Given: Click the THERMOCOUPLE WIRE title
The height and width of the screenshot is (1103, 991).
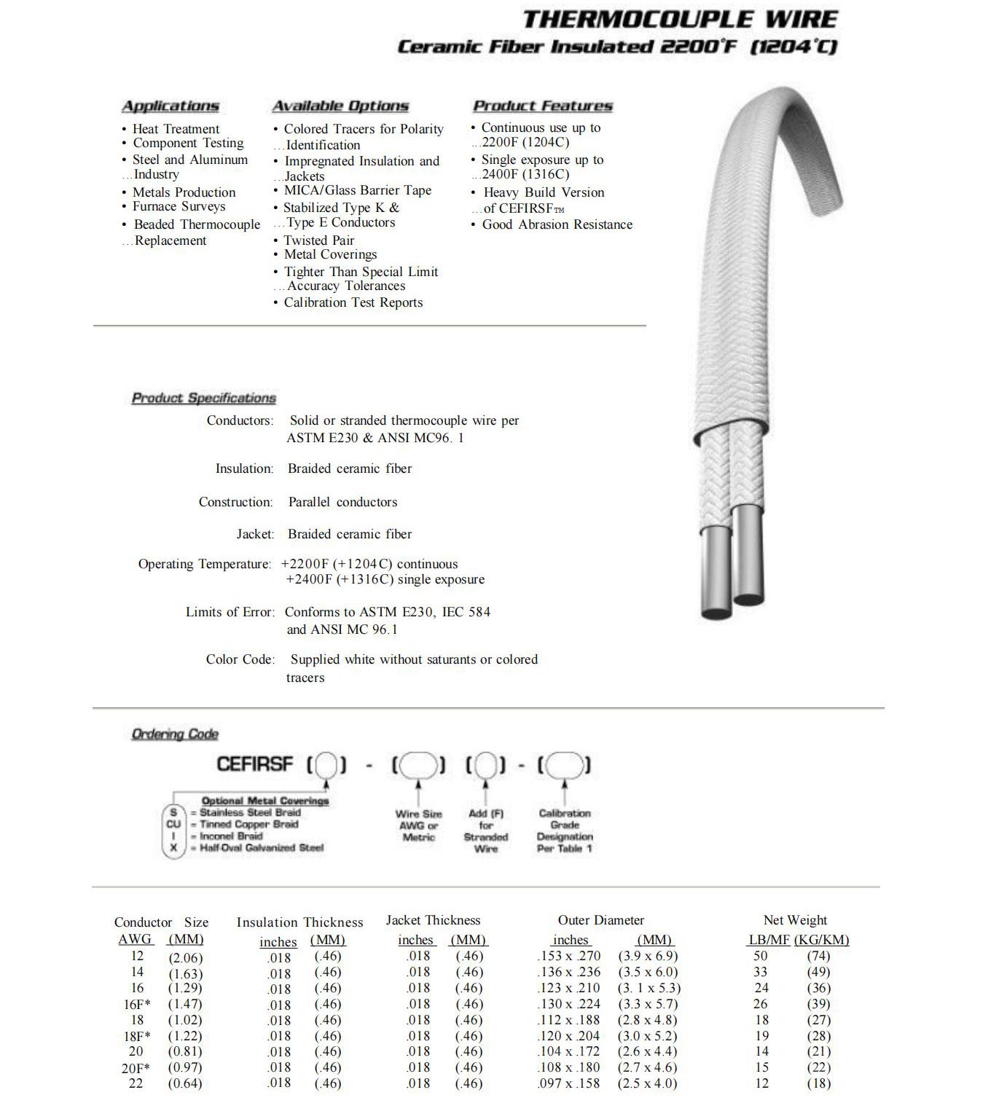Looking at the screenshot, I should (x=680, y=19).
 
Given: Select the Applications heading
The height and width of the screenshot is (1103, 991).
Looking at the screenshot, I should (x=170, y=106).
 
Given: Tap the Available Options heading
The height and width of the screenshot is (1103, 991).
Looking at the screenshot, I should (x=340, y=106).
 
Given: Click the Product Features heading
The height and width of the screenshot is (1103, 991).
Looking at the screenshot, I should (x=542, y=106).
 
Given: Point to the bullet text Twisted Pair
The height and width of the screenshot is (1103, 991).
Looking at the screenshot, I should (x=318, y=240).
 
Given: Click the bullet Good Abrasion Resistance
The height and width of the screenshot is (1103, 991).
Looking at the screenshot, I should (x=557, y=224).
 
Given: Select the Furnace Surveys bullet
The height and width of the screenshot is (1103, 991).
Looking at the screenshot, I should (x=179, y=207).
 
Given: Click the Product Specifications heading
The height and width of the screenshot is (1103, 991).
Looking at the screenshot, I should (x=203, y=399).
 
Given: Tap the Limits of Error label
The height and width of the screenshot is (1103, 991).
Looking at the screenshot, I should (x=230, y=612).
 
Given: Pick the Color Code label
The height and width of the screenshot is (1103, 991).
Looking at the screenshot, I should (x=240, y=659).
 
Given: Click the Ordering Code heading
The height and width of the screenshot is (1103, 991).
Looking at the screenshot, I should (x=175, y=734).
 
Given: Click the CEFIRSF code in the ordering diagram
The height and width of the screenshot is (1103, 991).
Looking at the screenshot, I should (x=254, y=764).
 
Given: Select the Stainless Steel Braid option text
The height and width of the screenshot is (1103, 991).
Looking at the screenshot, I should (x=250, y=812).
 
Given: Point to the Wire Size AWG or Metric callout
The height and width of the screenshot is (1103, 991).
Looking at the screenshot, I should (x=418, y=825).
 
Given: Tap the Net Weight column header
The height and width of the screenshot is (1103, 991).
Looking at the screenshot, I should (x=795, y=921).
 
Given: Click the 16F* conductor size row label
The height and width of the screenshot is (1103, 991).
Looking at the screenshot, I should (x=137, y=1004).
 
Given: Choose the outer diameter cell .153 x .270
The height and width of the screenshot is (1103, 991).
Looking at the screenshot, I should (x=569, y=956).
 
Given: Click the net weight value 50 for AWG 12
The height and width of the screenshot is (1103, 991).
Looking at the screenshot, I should (x=761, y=956).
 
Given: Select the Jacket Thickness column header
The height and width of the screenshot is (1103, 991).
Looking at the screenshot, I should (x=433, y=921).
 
